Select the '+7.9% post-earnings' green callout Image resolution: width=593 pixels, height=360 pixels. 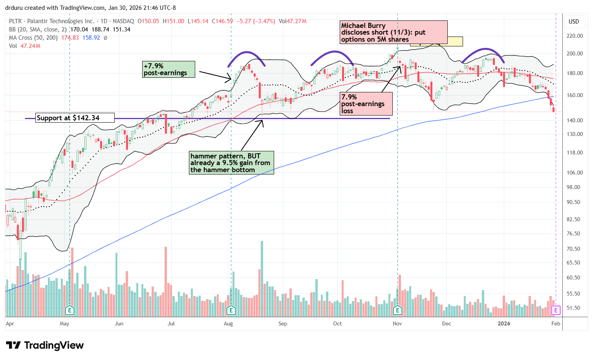pyautogui.click(x=168, y=69)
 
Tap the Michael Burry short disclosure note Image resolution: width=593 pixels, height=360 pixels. pyautogui.click(x=393, y=32)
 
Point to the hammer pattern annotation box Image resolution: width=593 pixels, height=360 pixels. pyautogui.click(x=231, y=163)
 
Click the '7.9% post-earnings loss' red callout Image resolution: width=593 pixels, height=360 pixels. pyautogui.click(x=366, y=104)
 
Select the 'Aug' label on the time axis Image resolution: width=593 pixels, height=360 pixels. pyautogui.click(x=228, y=324)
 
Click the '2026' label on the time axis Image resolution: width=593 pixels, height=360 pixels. pyautogui.click(x=504, y=324)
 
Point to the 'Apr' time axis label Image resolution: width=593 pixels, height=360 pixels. pyautogui.click(x=10, y=324)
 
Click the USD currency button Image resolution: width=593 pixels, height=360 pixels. pyautogui.click(x=574, y=22)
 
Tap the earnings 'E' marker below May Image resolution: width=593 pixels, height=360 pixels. pyautogui.click(x=70, y=310)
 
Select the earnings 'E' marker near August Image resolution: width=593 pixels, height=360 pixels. pyautogui.click(x=231, y=310)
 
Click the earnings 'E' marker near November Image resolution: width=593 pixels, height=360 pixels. pyautogui.click(x=397, y=310)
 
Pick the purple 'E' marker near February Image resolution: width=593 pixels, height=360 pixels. pyautogui.click(x=555, y=310)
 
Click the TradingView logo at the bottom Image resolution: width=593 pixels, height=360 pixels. pyautogui.click(x=45, y=345)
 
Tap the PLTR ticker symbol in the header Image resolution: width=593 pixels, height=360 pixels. pyautogui.click(x=16, y=21)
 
